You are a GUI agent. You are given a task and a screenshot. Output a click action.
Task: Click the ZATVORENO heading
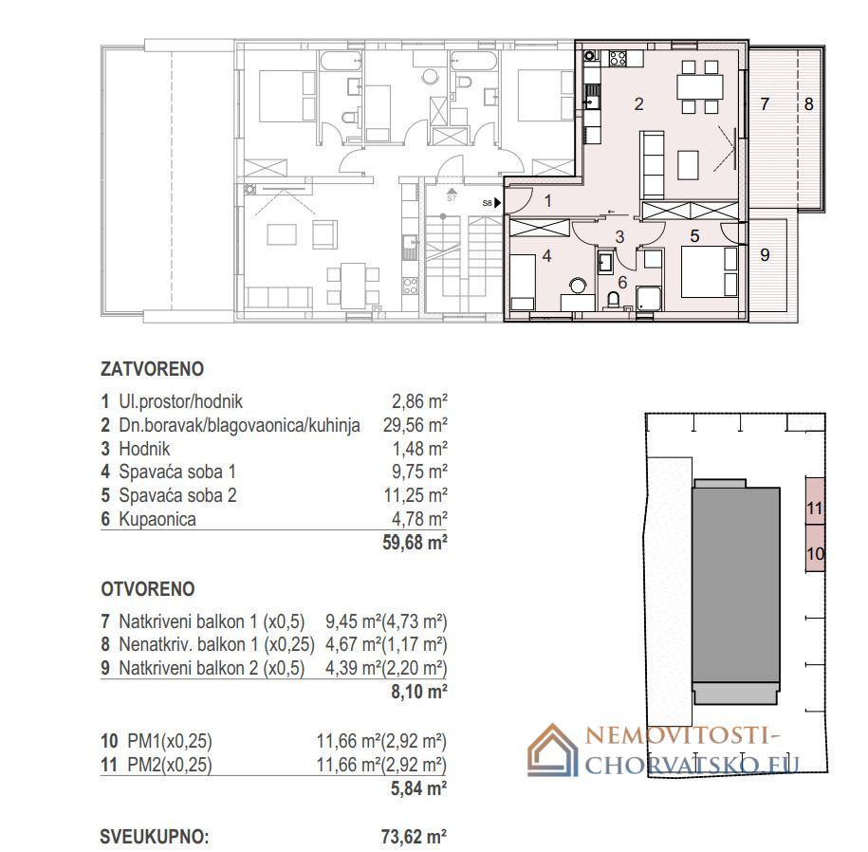point(152,369)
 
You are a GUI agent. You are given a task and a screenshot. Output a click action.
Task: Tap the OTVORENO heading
point(148,589)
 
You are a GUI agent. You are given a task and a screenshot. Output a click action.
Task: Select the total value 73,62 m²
point(414,837)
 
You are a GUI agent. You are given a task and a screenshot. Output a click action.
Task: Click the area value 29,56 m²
point(416,425)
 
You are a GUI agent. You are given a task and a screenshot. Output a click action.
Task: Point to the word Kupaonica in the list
point(157,519)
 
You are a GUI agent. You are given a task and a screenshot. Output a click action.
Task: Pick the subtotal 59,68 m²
point(415,543)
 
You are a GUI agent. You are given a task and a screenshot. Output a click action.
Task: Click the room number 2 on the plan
point(638,104)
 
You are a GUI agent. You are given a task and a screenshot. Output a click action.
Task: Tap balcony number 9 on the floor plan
point(765,254)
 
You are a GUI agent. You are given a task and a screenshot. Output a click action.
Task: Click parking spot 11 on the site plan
point(815,508)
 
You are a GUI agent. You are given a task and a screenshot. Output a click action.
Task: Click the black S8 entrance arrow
point(498,203)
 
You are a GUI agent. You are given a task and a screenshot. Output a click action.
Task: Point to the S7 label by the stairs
point(452,197)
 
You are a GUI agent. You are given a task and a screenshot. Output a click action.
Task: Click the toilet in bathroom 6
point(614,300)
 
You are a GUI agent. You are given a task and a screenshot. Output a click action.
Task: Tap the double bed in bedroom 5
point(710,271)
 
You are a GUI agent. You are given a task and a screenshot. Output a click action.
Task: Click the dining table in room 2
point(700,87)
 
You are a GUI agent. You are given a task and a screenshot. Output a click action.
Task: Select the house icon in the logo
point(553,750)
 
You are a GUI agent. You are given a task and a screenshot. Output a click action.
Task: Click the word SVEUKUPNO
point(155,837)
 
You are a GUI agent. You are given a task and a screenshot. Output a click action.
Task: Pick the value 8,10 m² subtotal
point(419,692)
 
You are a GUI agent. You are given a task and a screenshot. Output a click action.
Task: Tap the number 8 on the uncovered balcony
point(809,104)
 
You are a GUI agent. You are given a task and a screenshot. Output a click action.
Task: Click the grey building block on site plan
point(736,592)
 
